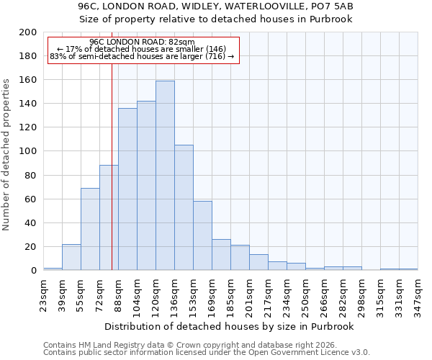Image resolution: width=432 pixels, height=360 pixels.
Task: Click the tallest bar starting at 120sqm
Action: click(x=165, y=176)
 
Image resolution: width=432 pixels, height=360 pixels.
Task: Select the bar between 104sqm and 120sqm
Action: click(x=146, y=186)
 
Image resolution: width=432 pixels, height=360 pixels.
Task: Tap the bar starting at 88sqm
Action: click(x=127, y=189)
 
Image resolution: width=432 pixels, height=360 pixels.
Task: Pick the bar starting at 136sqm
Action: click(x=184, y=207)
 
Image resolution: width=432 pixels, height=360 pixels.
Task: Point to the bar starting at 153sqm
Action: click(x=202, y=235)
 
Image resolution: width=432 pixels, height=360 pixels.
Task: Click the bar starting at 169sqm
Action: click(x=221, y=255)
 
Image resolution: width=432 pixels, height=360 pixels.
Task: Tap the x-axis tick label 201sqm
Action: click(x=250, y=294)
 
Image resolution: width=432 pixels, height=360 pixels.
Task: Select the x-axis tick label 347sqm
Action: click(x=418, y=294)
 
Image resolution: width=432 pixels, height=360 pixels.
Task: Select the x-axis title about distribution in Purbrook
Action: click(x=230, y=326)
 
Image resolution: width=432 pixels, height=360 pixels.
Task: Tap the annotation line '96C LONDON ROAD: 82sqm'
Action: click(x=143, y=42)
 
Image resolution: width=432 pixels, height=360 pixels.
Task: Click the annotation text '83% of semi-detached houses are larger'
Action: click(x=143, y=57)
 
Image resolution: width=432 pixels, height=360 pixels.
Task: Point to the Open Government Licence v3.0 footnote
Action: click(x=207, y=352)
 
